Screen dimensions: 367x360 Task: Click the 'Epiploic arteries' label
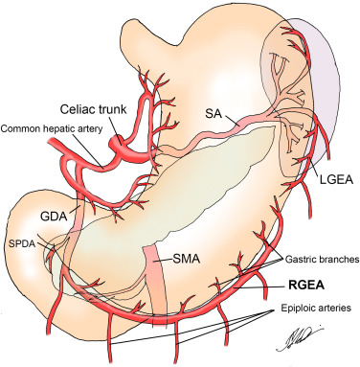point(305,309)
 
